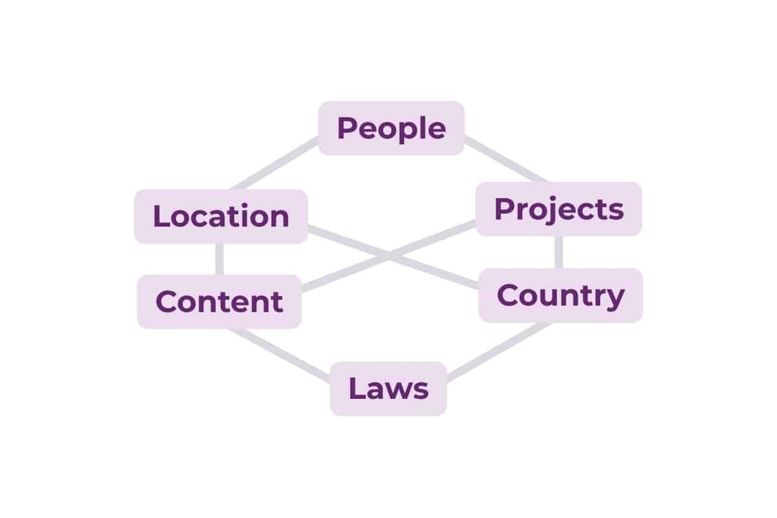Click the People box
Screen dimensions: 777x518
(x=391, y=128)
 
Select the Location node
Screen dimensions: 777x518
(x=221, y=216)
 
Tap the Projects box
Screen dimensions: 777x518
(x=559, y=209)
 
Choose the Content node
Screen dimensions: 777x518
(x=220, y=302)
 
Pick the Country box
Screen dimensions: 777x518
(x=561, y=296)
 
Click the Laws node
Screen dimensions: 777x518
(x=388, y=388)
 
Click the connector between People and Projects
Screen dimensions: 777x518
(x=506, y=159)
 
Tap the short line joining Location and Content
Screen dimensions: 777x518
(x=220, y=259)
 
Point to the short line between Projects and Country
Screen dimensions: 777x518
(x=558, y=253)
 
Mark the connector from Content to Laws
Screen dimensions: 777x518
(x=279, y=355)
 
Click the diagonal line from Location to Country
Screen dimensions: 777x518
(x=394, y=257)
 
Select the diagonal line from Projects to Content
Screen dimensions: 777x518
(x=388, y=255)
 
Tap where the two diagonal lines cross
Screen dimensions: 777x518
(x=389, y=256)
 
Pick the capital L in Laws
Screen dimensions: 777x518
(x=357, y=388)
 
